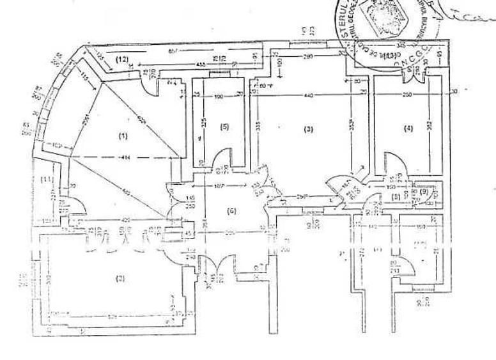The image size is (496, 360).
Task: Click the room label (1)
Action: [x=122, y=135]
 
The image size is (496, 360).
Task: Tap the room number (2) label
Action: [x=119, y=278]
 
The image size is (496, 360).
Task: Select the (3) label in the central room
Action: [x=308, y=130]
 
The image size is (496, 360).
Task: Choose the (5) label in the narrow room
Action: [x=224, y=127]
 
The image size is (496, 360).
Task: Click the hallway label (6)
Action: [x=232, y=210]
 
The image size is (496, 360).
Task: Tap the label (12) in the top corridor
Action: [x=123, y=59]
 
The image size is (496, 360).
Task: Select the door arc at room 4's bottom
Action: [x=391, y=161]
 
